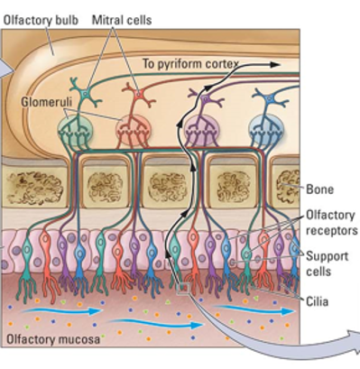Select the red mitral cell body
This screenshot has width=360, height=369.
tap(135, 93)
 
